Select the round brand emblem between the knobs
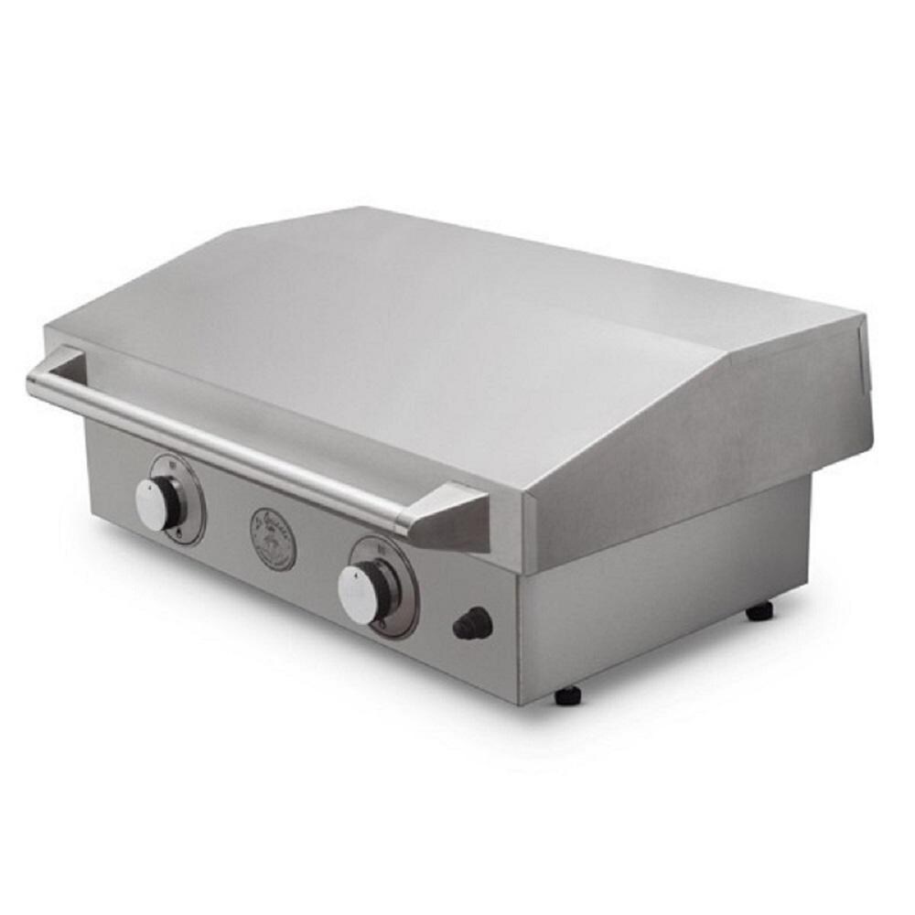[274, 539]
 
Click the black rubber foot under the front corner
[567, 694]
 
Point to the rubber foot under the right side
[759, 610]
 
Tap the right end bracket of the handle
[448, 517]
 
